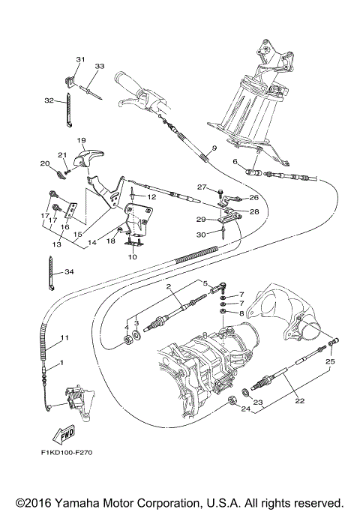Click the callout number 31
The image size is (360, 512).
(x=80, y=58)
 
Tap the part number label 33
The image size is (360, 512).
(x=99, y=66)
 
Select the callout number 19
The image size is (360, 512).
(x=81, y=139)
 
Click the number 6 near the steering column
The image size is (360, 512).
(x=235, y=162)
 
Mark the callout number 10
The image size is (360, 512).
(x=133, y=256)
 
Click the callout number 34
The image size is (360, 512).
(x=69, y=271)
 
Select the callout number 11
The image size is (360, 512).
(x=65, y=338)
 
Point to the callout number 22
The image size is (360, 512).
(x=299, y=401)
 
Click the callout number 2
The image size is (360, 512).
(x=170, y=287)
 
